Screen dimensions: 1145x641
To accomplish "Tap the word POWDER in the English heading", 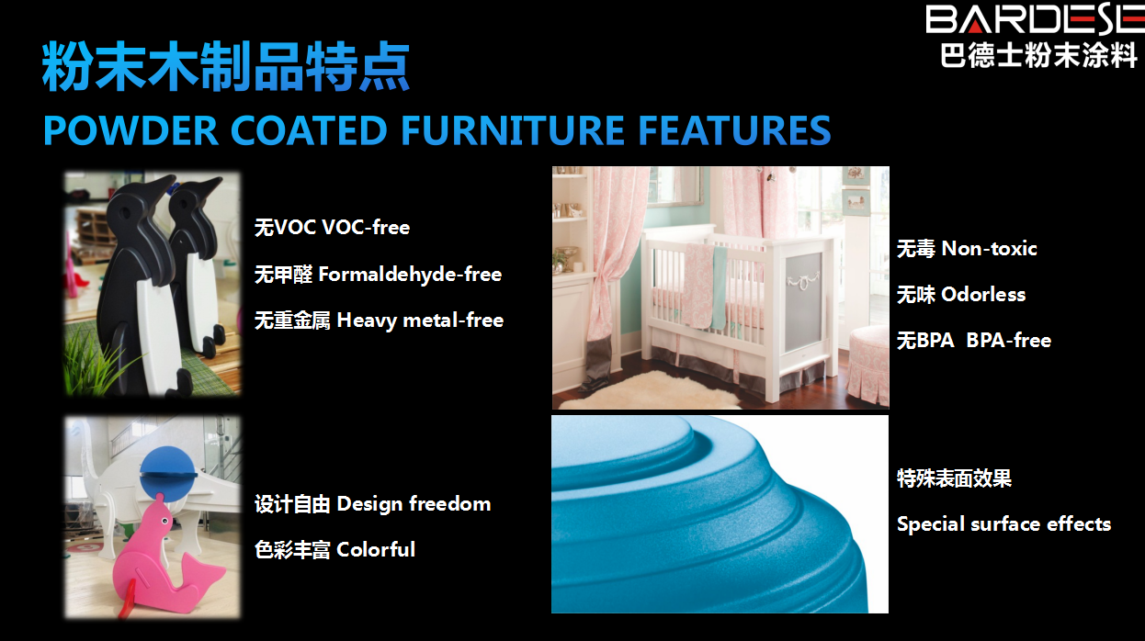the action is (x=130, y=130).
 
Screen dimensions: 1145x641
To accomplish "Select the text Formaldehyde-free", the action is (x=410, y=275).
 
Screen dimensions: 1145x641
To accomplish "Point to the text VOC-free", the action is (x=366, y=227).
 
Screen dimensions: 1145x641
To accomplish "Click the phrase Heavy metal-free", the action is (x=420, y=320).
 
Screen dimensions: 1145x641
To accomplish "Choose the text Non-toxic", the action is (x=989, y=249).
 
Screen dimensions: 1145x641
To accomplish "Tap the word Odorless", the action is (x=983, y=295).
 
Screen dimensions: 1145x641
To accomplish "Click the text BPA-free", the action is (x=1008, y=340).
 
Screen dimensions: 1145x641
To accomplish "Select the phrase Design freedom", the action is (x=414, y=504).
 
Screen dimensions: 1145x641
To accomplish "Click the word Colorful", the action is (x=376, y=549).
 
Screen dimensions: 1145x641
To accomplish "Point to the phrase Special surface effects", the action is (x=1003, y=524).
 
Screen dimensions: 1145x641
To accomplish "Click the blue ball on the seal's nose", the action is (x=168, y=474).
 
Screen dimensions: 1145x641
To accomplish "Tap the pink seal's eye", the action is (x=165, y=521).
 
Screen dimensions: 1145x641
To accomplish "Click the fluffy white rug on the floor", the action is (x=649, y=390).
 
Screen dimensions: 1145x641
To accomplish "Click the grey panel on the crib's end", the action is (x=803, y=301).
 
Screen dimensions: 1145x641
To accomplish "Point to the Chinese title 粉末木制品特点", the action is (x=226, y=67).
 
